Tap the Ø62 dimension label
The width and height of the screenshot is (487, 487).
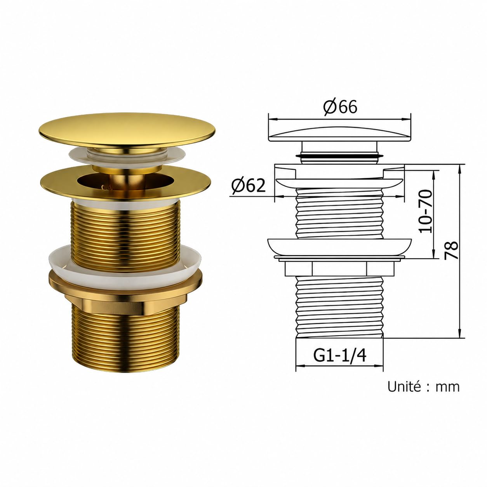(249, 186)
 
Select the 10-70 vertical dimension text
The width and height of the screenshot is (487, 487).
(425, 211)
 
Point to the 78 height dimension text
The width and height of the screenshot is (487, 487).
(451, 250)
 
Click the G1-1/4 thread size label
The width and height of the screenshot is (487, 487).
(340, 356)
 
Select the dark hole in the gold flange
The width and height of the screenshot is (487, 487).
(125, 181)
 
